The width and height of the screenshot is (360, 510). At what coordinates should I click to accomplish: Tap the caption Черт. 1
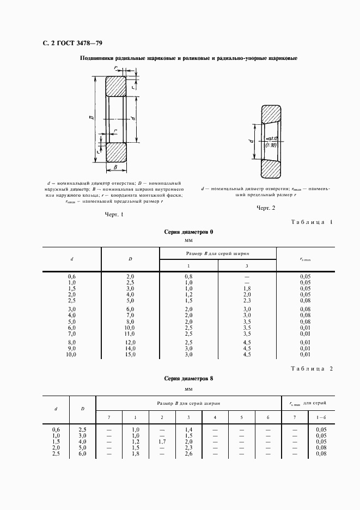tap(114, 214)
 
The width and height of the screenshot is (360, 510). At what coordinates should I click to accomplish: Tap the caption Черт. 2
tap(266, 208)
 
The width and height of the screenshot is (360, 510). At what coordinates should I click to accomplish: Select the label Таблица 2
tap(311, 369)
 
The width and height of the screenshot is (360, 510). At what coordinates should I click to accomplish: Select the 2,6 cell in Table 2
tap(188, 454)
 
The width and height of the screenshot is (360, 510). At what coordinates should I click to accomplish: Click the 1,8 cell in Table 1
tap(247, 288)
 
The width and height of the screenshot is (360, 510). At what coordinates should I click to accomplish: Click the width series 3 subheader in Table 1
tap(247, 265)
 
